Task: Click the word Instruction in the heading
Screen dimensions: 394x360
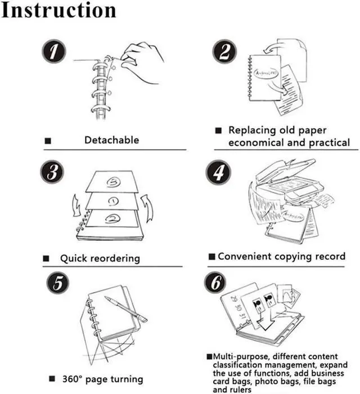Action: tap(58, 10)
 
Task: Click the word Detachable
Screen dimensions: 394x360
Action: tap(111, 140)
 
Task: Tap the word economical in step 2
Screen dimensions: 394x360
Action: tap(256, 142)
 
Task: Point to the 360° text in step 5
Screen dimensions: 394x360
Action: tap(74, 379)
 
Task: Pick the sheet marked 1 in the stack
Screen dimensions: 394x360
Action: tap(112, 200)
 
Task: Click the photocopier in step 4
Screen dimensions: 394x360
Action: tap(287, 180)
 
